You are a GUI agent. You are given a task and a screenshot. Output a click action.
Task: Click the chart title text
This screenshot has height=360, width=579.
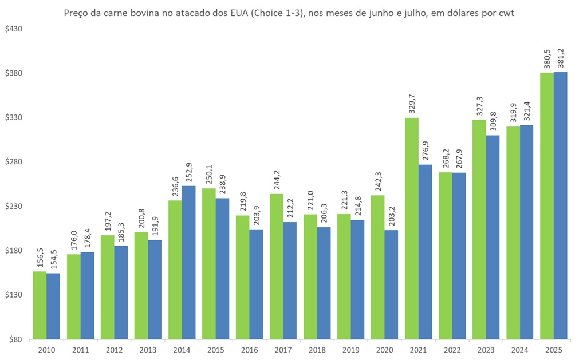(x=289, y=13)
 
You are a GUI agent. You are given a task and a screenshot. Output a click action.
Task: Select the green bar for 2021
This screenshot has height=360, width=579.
(x=412, y=228)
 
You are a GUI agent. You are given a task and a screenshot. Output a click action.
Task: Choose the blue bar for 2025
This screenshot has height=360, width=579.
(x=561, y=205)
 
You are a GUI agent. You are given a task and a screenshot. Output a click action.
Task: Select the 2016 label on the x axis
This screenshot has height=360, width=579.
(x=250, y=350)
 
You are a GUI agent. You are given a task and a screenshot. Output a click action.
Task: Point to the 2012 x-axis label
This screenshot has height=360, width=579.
(x=114, y=350)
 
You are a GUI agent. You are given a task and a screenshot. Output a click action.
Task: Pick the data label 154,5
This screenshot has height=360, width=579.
(x=53, y=258)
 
